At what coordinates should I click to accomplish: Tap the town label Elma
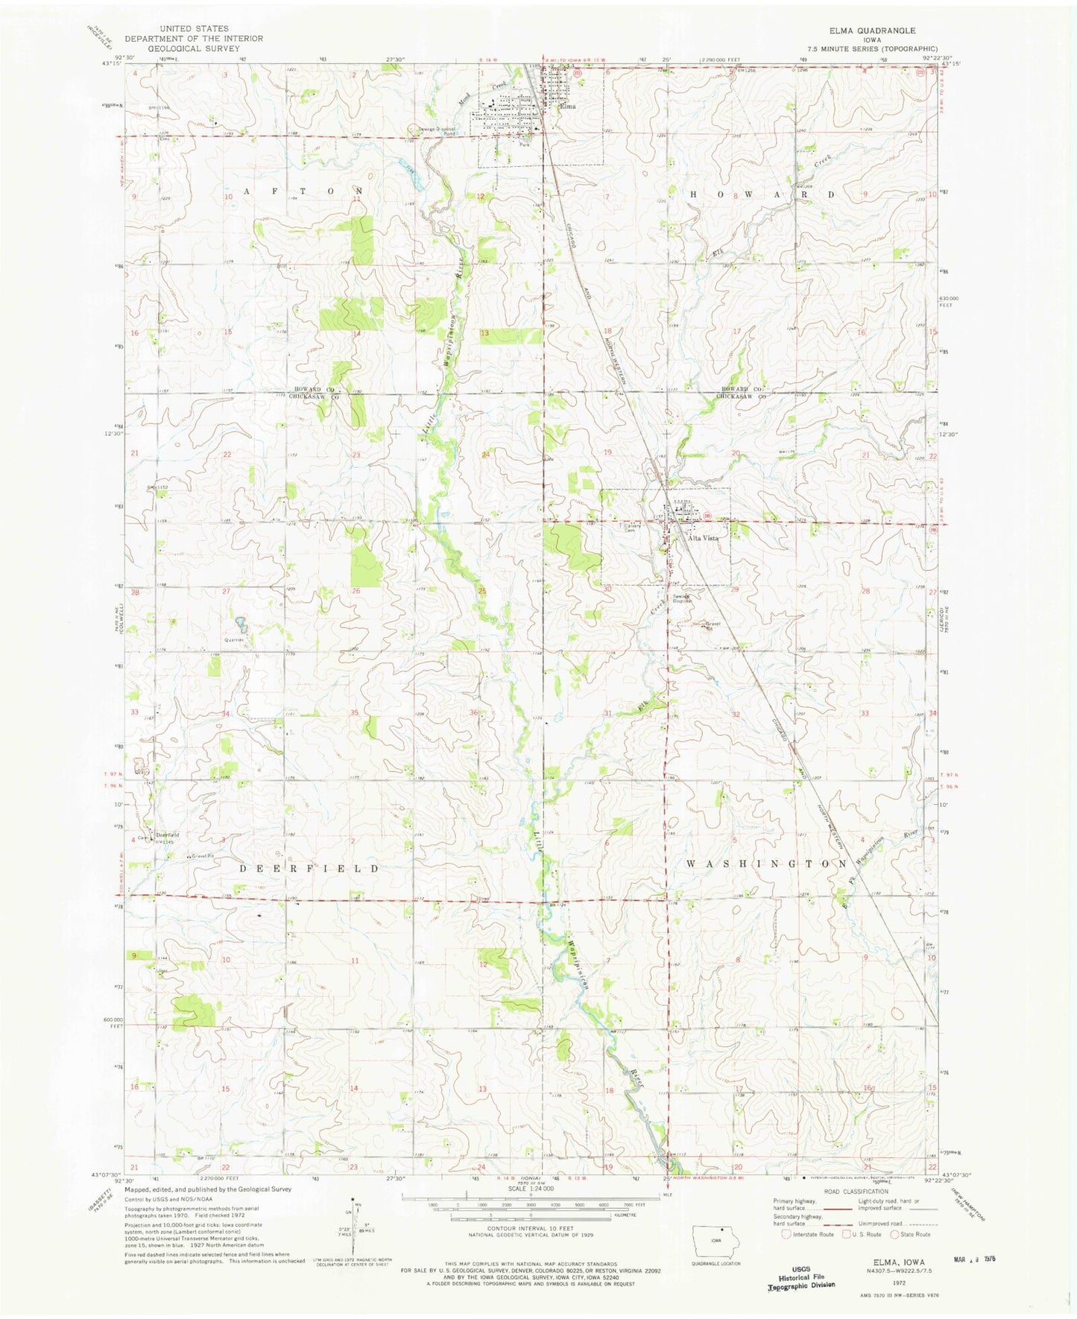pos(569,106)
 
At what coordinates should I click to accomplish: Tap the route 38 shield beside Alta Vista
pos(705,516)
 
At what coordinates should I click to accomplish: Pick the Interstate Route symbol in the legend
pos(786,1234)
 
